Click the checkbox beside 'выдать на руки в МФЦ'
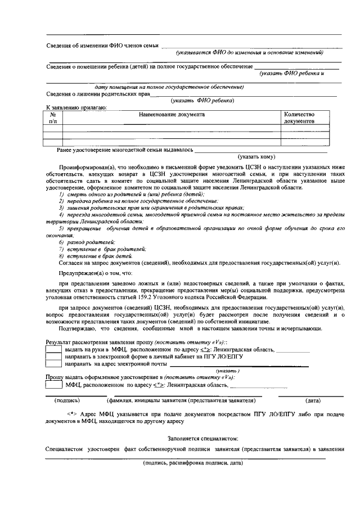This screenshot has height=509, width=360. [x=53, y=349]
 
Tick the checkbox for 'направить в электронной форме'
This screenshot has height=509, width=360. [x=53, y=357]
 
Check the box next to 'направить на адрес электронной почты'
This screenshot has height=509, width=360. [x=53, y=364]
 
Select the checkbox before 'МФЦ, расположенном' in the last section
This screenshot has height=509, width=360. [x=53, y=385]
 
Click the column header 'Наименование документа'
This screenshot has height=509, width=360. [x=172, y=114]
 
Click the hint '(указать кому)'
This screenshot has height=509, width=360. [x=256, y=157]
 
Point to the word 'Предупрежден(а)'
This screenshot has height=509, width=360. [x=80, y=271]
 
